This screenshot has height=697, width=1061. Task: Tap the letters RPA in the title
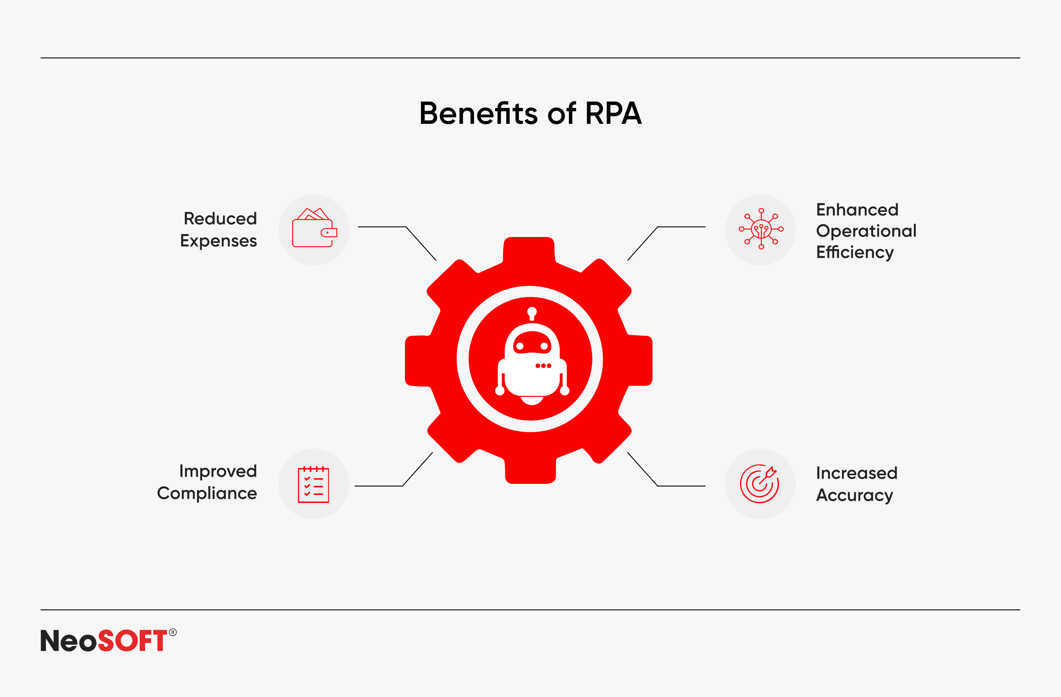tap(614, 113)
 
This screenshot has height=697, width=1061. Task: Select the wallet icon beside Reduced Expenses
tap(314, 227)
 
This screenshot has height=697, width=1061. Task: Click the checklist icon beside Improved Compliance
tap(313, 484)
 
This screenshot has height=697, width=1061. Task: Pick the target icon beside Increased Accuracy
tap(759, 484)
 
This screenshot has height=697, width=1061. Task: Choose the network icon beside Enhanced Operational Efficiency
tap(761, 229)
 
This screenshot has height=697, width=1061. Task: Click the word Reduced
tap(220, 219)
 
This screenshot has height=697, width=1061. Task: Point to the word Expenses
tap(218, 241)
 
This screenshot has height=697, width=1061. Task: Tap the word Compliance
tap(207, 494)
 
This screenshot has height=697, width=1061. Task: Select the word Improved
tap(218, 471)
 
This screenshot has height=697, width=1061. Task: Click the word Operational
tap(866, 231)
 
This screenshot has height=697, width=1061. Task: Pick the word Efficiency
tap(855, 253)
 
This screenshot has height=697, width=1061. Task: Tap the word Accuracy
tap(855, 495)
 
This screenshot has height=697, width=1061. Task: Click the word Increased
tap(857, 473)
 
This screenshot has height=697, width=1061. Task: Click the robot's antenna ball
tap(532, 311)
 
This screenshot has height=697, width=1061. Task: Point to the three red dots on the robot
tap(543, 366)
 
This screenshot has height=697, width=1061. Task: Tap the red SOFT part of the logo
tap(132, 641)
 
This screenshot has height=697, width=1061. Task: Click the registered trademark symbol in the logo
tap(173, 632)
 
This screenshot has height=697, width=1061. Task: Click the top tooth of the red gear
tap(529, 250)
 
